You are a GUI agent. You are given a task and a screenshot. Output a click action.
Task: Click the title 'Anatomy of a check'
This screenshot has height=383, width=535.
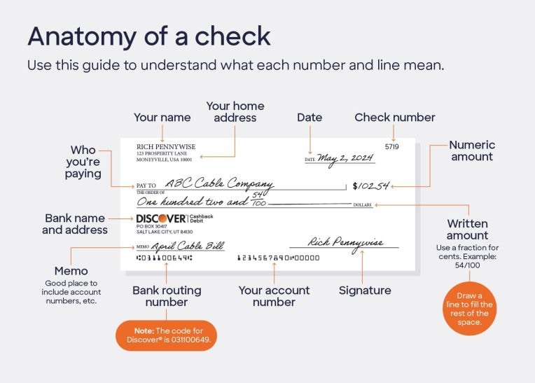tap(148, 36)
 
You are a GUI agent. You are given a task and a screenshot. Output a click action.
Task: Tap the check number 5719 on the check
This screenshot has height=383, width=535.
tap(392, 147)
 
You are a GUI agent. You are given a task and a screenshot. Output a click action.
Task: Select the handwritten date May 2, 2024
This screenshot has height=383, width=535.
tap(346, 158)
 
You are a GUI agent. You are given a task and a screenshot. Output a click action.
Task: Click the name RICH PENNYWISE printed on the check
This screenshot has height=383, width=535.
tap(166, 146)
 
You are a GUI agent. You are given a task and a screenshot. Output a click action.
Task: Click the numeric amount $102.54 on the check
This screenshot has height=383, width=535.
tap(370, 186)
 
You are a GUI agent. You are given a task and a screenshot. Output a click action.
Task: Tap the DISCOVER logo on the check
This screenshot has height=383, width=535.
tap(161, 218)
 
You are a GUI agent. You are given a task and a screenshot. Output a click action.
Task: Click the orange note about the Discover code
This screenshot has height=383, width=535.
tap(166, 335)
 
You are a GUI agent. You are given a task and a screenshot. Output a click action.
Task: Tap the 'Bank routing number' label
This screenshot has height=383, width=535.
tap(167, 296)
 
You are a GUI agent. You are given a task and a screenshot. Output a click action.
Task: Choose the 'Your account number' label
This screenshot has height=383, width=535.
tap(274, 296)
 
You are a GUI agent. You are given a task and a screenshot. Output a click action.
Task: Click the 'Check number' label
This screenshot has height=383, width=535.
tap(395, 118)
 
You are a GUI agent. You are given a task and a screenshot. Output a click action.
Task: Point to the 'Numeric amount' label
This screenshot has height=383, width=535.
tap(472, 151)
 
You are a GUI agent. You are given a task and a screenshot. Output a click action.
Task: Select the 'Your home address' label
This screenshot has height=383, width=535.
tap(235, 112)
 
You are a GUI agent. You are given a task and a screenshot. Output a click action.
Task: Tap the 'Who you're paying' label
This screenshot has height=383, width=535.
tap(83, 162)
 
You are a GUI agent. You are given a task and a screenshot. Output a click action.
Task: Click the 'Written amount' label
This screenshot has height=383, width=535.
tap(467, 230)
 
